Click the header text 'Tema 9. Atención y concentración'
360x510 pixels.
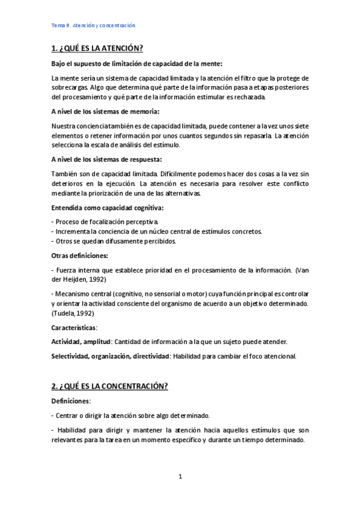pyautogui.click(x=93, y=25)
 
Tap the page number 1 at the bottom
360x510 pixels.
pyautogui.click(x=180, y=477)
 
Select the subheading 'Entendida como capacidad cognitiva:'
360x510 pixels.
pyautogui.click(x=108, y=207)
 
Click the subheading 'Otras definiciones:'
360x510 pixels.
pyautogui.click(x=80, y=256)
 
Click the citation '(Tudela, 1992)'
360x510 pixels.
pyautogui.click(x=73, y=313)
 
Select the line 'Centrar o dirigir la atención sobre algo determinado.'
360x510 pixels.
pyautogui.click(x=132, y=415)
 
